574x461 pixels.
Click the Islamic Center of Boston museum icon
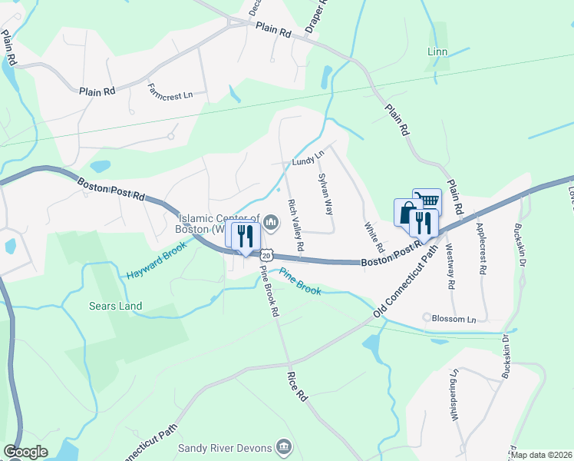[x=270, y=223]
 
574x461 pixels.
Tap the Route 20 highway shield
[x=266, y=254]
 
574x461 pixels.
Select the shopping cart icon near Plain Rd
[x=427, y=201]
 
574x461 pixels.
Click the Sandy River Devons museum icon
[x=283, y=446]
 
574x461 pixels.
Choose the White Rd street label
[x=374, y=238]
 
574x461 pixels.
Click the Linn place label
[x=437, y=52]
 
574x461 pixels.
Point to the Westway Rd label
[x=450, y=266]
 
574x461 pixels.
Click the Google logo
[x=26, y=452]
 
